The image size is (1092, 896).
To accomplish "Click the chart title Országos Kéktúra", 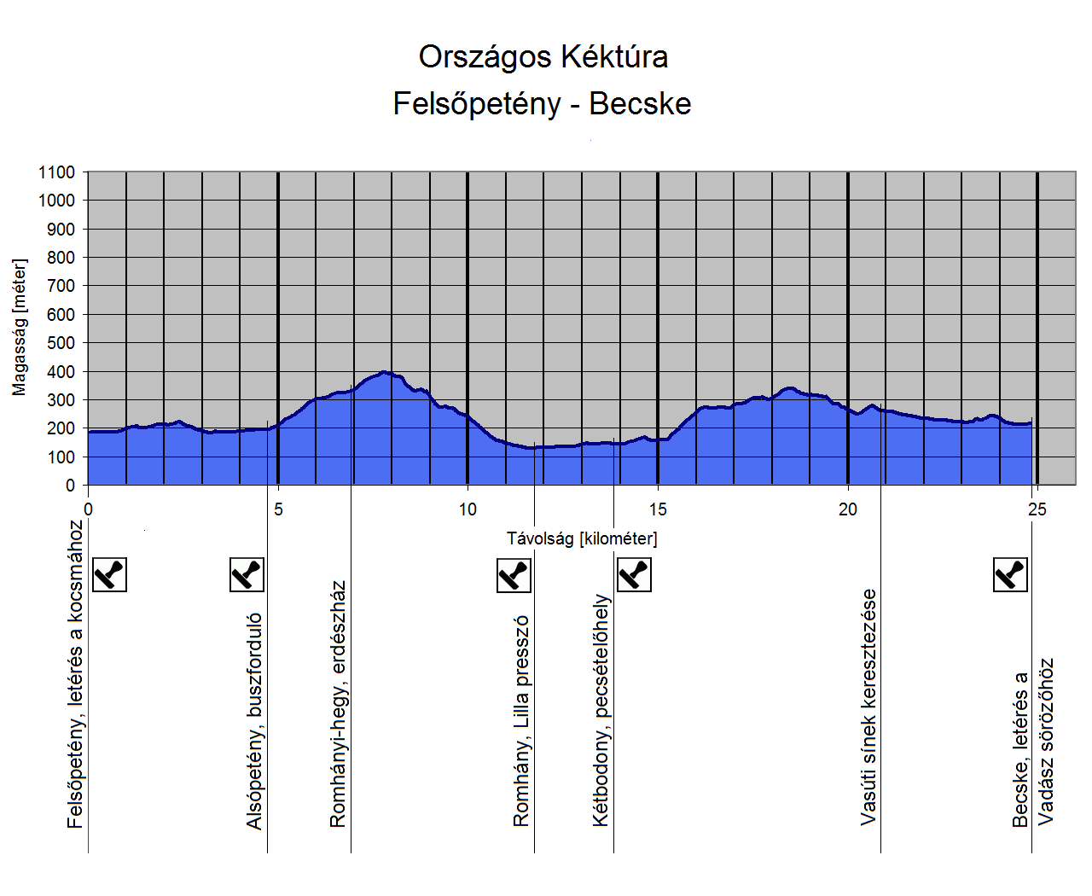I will [543, 57].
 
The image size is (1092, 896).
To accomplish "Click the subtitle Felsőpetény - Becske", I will [542, 104].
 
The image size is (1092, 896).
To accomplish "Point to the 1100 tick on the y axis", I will [56, 172].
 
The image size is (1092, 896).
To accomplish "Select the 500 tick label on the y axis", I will [60, 343].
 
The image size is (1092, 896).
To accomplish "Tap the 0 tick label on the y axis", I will [70, 486].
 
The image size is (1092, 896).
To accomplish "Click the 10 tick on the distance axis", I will [468, 509].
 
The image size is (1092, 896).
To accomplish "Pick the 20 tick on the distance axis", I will [847, 509].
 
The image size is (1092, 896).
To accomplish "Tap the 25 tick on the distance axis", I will [1037, 509].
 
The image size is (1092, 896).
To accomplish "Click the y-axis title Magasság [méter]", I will [20, 328].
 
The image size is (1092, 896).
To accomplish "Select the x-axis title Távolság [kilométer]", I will [582, 538].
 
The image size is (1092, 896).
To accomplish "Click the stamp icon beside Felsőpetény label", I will [109, 574].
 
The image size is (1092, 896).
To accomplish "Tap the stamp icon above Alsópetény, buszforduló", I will [247, 574].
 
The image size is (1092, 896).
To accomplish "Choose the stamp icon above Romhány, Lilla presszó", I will [514, 575].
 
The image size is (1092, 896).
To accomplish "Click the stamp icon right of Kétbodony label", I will [634, 574].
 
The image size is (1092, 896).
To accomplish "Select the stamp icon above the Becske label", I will [1011, 574].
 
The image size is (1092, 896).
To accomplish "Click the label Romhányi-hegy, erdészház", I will [338, 705].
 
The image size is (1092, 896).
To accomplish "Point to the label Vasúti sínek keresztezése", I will [868, 707].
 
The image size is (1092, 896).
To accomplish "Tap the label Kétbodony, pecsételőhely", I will [601, 711].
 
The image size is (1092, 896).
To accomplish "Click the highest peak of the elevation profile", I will [386, 372].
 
